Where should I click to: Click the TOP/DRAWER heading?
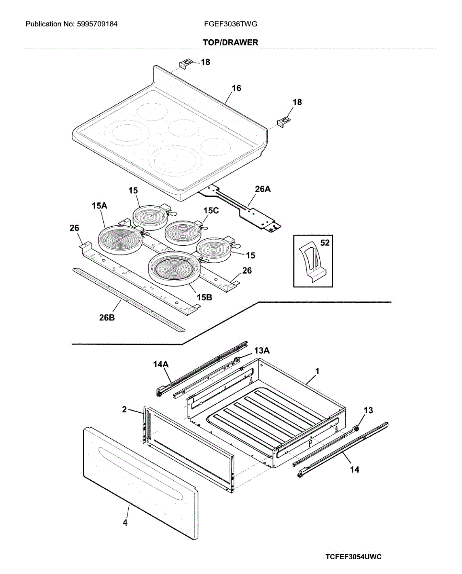coord(230,43)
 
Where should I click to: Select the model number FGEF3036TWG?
coord(230,23)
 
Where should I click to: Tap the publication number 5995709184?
coord(97,23)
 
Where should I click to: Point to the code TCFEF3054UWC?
coord(353,557)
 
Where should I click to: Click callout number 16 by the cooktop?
coord(237,88)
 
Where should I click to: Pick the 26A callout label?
coord(263,189)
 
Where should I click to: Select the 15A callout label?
coord(99,206)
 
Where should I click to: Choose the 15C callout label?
coord(211,210)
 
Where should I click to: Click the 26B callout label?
coord(107,317)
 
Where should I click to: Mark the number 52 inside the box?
coord(325,243)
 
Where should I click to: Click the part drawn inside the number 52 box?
coord(311,263)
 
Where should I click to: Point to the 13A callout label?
coord(262,351)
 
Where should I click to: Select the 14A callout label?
coord(161,364)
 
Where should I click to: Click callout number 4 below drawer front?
coord(125,523)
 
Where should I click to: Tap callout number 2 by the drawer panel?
coord(124,409)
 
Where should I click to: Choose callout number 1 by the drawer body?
coord(317,371)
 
